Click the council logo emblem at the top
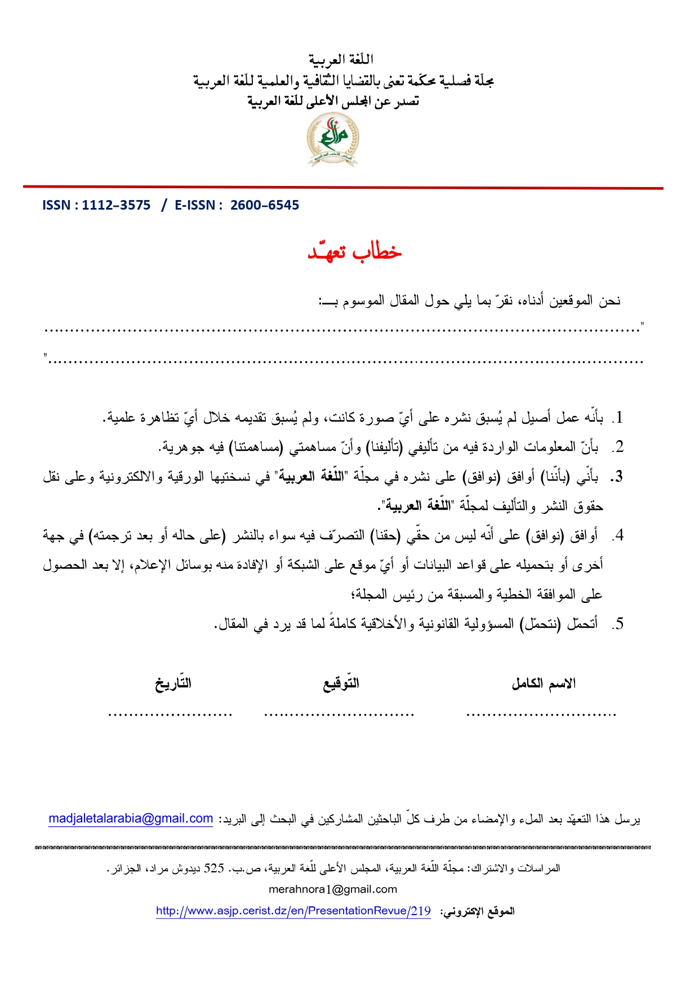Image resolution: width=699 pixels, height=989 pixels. (333, 139)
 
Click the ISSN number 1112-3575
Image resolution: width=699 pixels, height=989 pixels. (116, 205)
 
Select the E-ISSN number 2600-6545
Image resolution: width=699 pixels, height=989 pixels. (265, 205)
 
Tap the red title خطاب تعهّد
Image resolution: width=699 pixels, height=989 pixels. (354, 252)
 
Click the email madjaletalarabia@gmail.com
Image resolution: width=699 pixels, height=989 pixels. (131, 818)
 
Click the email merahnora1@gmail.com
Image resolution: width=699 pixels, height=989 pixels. (333, 889)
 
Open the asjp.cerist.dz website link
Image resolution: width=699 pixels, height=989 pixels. (293, 911)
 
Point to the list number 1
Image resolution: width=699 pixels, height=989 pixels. (618, 418)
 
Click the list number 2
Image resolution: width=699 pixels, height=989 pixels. (618, 447)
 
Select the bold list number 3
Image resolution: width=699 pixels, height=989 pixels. (617, 477)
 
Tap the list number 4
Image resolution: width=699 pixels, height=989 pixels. (618, 535)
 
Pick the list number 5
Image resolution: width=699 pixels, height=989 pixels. (618, 624)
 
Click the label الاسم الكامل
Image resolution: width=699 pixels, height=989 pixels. (544, 684)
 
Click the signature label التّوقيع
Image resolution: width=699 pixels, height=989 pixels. (341, 684)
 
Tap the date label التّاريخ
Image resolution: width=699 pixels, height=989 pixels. (173, 684)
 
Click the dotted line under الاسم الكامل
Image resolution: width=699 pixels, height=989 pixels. (541, 715)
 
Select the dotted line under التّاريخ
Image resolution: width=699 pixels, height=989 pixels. (170, 715)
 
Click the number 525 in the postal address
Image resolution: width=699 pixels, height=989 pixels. (213, 868)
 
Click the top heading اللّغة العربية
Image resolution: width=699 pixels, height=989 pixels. (341, 59)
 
